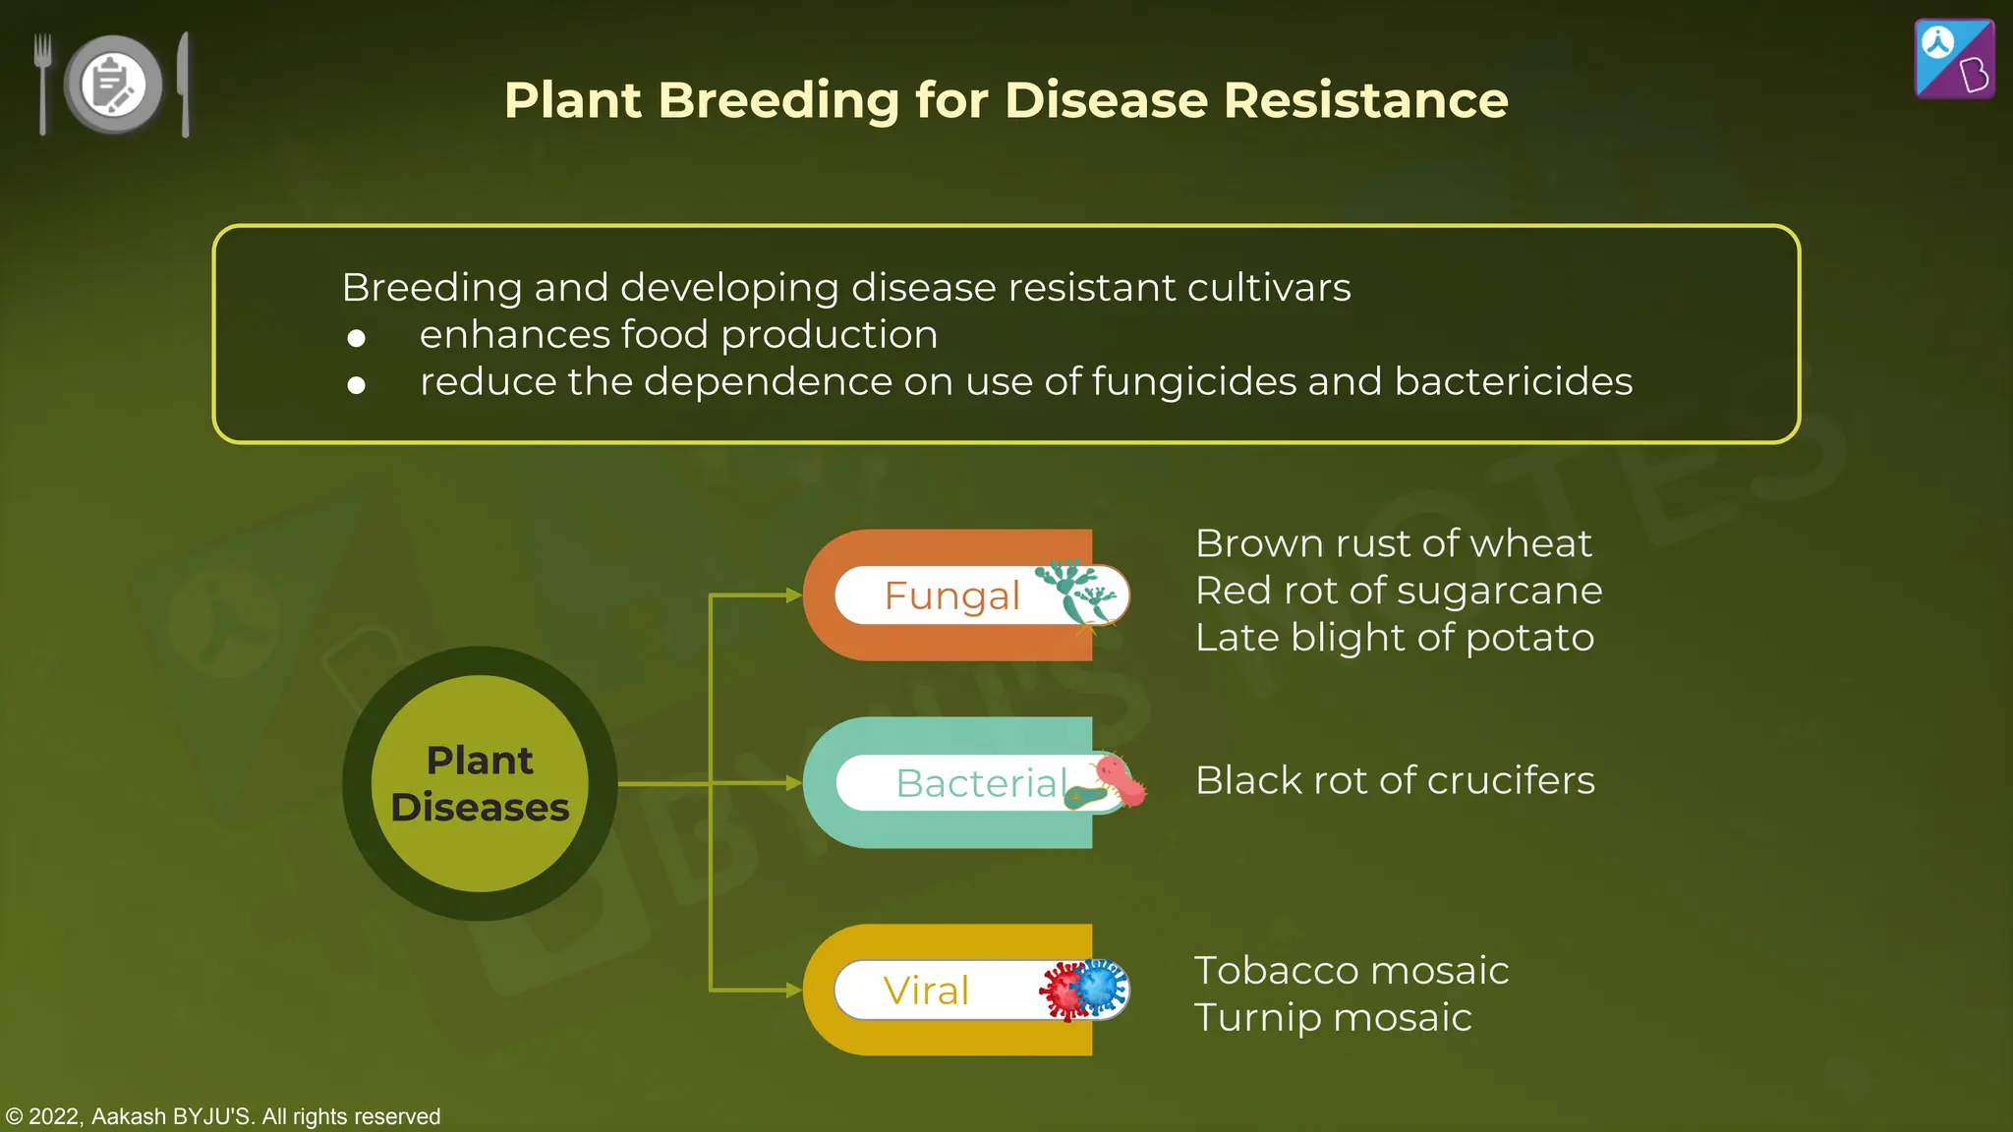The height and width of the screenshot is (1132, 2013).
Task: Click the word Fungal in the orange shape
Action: [x=951, y=595]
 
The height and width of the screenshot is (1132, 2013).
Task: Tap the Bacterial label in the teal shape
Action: [x=981, y=783]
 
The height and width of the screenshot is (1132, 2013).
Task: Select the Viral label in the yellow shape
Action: [x=926, y=990]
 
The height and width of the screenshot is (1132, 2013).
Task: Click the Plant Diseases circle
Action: [x=480, y=783]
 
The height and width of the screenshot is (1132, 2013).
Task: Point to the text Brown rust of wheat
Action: [x=1393, y=543]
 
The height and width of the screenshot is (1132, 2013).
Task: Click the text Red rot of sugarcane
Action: [x=1398, y=591]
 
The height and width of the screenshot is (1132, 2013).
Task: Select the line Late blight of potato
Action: [x=1394, y=638]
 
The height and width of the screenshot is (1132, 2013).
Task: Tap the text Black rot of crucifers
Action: [x=1394, y=780]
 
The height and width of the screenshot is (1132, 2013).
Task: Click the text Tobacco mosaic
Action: [x=1351, y=971]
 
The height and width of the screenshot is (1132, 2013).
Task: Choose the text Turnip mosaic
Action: [x=1332, y=1018]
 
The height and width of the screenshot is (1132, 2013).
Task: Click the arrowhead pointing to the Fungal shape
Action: [x=793, y=595]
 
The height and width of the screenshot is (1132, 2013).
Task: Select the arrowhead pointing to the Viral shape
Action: [x=793, y=990]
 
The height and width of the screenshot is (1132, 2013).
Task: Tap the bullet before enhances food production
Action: [x=356, y=338]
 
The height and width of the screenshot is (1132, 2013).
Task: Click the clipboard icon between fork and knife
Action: [x=113, y=85]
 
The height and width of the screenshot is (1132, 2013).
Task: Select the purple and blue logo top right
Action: [x=1954, y=59]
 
